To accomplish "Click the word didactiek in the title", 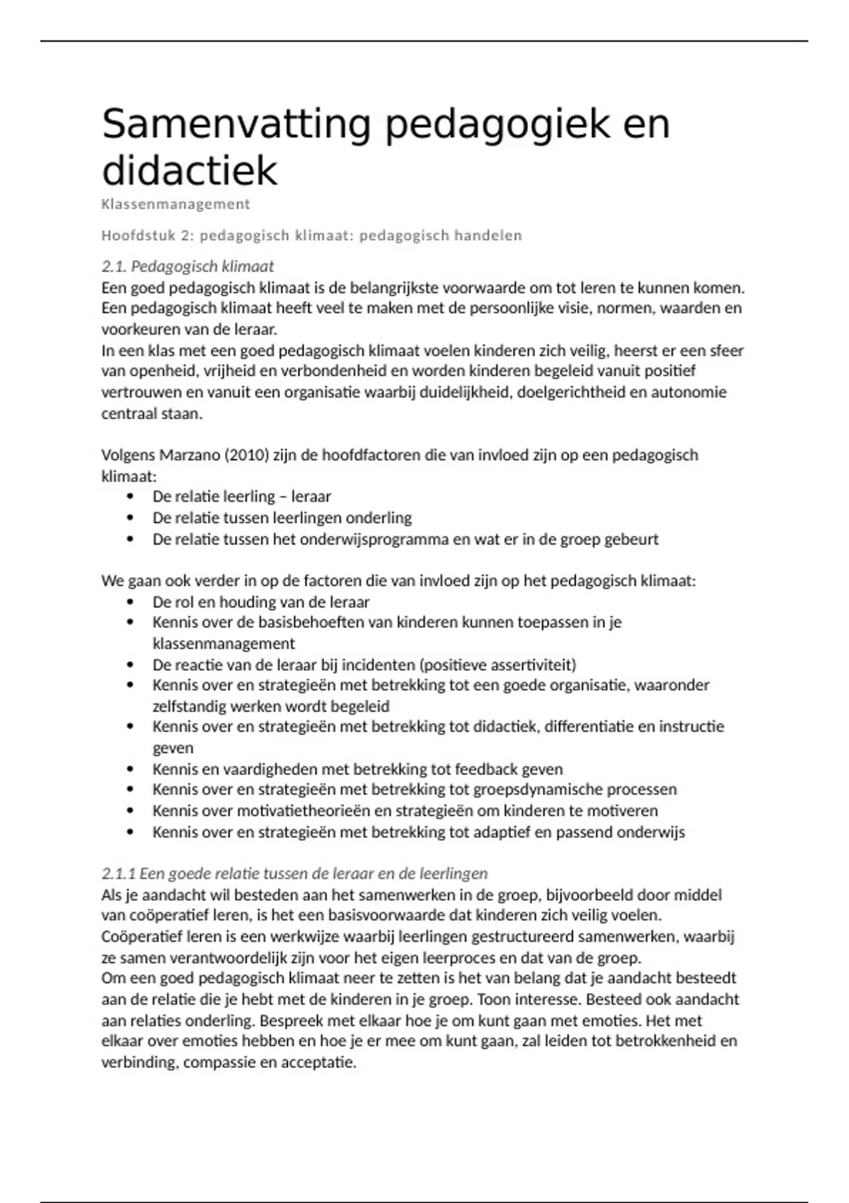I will click(x=190, y=171).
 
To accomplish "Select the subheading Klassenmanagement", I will click(x=175, y=205).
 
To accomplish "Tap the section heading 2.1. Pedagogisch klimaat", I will click(x=187, y=267).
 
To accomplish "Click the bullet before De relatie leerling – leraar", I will click(x=129, y=497).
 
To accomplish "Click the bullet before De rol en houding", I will click(x=129, y=602).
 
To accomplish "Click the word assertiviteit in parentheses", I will click(x=531, y=665).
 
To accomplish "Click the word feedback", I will click(x=485, y=769).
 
